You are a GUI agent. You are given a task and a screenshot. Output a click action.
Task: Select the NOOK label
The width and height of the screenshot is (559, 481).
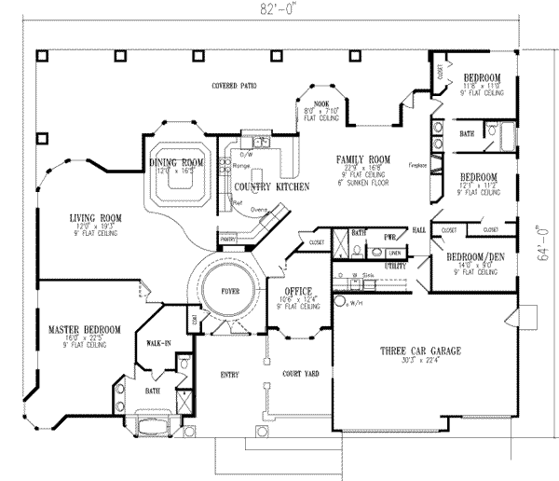click(x=322, y=103)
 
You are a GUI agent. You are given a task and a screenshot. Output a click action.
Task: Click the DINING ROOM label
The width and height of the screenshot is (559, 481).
click(x=176, y=163)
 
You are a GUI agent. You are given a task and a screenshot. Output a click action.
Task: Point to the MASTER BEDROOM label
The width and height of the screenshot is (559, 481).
click(x=84, y=329)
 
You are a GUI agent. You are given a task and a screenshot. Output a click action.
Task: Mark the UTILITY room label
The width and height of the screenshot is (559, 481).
click(x=396, y=266)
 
